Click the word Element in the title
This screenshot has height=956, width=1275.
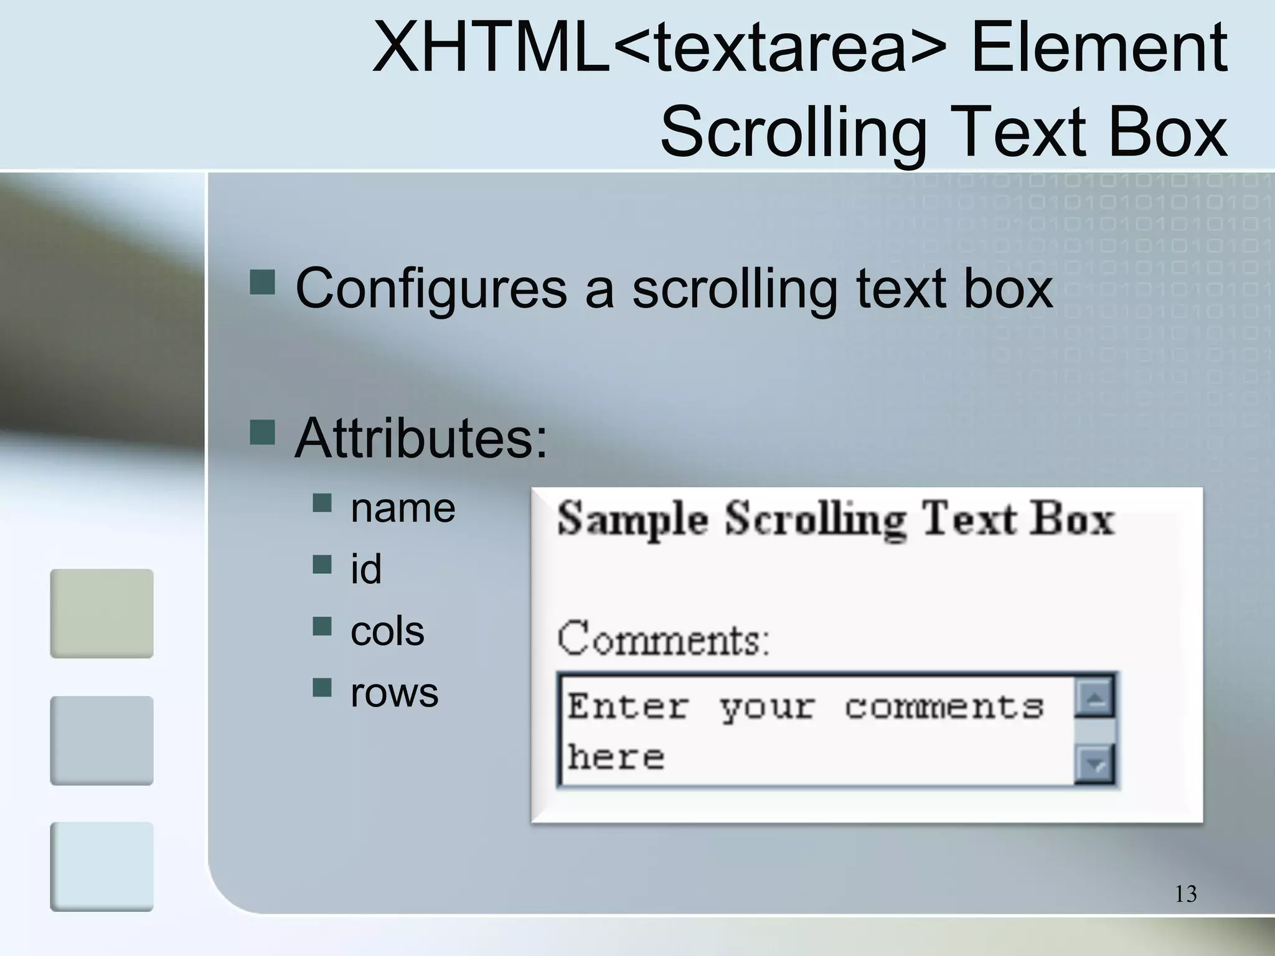tap(1099, 47)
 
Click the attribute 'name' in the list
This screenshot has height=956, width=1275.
tap(403, 508)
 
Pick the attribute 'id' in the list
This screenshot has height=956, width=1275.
tap(366, 569)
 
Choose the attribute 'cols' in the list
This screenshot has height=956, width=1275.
tap(387, 630)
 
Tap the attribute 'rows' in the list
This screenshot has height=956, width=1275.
tap(394, 691)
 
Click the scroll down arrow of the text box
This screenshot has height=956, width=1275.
tap(1095, 764)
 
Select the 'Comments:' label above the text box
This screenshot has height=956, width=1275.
tap(664, 639)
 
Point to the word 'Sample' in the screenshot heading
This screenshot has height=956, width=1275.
tap(633, 519)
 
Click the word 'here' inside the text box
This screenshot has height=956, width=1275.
tap(616, 757)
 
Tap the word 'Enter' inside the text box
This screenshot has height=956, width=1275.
tap(628, 707)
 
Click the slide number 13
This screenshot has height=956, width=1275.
tap(1185, 894)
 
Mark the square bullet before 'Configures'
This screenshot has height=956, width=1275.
tap(262, 281)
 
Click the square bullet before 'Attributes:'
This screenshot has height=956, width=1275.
tap(262, 432)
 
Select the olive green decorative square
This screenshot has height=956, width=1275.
tap(101, 613)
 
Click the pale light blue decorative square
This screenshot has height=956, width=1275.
tap(101, 866)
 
